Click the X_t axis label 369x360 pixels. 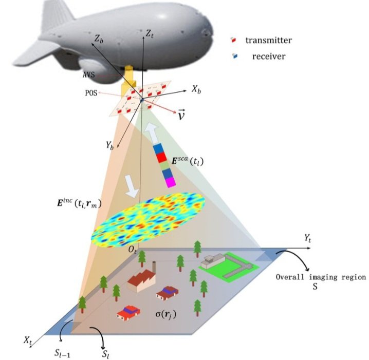[28, 339]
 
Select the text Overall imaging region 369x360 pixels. [320, 277]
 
